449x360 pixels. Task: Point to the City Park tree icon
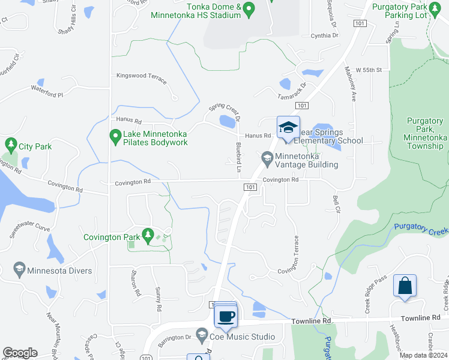click(x=10, y=145)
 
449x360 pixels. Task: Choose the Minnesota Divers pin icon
click(x=19, y=269)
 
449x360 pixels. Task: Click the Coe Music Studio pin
click(x=202, y=335)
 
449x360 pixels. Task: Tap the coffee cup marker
click(x=226, y=316)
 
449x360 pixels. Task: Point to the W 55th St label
click(x=369, y=70)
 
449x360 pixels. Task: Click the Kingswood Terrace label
click(x=141, y=76)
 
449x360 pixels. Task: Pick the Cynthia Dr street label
click(x=325, y=35)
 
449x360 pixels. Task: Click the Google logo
click(x=20, y=353)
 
